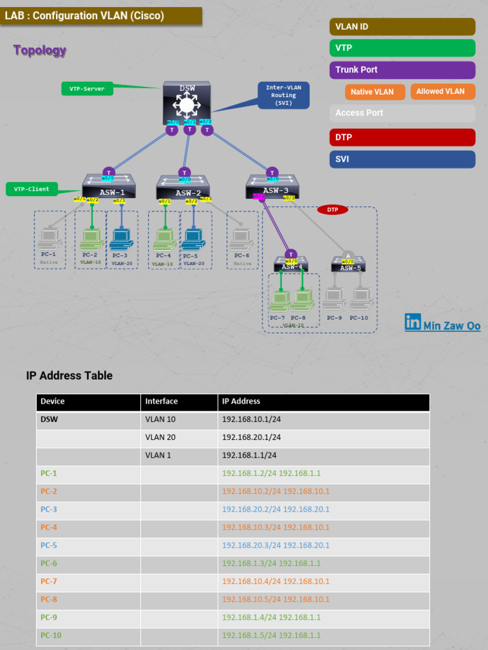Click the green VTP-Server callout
[87, 89]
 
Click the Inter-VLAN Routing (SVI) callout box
[283, 95]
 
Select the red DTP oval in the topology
[332, 209]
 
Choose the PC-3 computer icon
[121, 239]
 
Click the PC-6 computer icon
[241, 239]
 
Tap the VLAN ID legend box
[402, 27]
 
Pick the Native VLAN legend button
[372, 91]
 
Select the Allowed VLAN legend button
[440, 91]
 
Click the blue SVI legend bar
[402, 159]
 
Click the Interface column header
[161, 401]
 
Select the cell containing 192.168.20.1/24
[252, 437]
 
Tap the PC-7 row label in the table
[49, 581]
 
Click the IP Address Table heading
[69, 376]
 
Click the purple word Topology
[39, 51]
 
